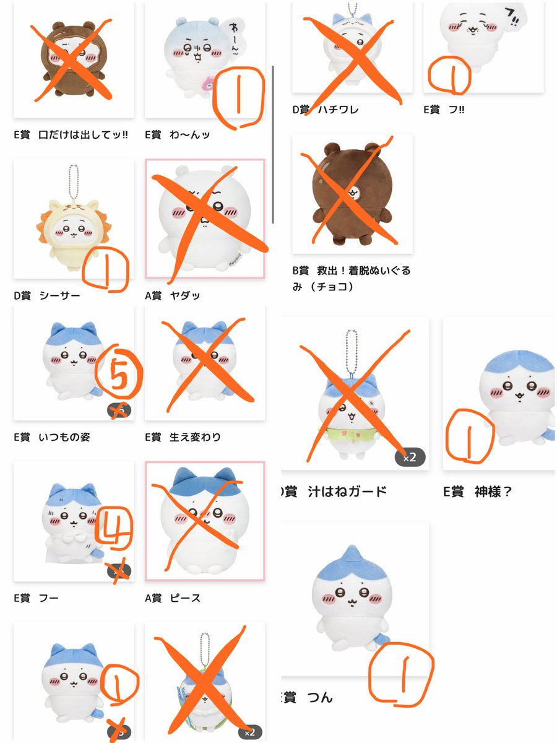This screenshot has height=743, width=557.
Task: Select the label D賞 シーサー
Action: point(47,295)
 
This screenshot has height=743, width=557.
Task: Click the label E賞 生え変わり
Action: point(183,437)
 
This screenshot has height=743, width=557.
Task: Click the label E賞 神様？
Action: point(477,492)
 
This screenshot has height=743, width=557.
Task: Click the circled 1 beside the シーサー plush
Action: point(111,267)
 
